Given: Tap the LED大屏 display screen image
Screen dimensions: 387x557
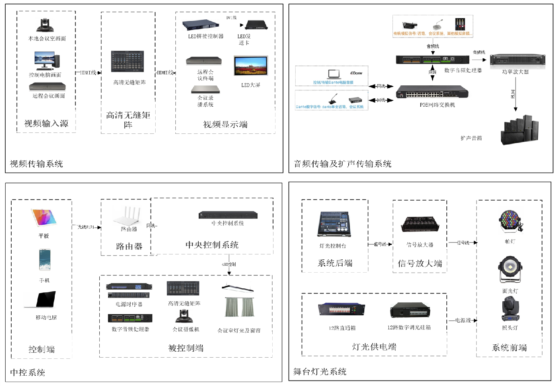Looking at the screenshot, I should coord(251,66).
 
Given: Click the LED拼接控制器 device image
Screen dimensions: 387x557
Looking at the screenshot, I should coord(201,25).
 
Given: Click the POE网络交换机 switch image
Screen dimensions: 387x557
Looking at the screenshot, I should coord(432,92).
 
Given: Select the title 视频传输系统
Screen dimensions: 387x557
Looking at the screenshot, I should coord(36,164).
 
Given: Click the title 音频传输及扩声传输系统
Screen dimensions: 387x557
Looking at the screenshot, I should coord(342,164).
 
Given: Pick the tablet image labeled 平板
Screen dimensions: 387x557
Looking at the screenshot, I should coord(44,218).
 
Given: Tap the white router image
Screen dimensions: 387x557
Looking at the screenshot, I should coord(129,216).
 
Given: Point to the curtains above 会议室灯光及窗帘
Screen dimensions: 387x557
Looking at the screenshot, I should coord(239,307).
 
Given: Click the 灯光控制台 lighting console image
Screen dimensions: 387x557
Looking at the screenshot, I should coord(333,224).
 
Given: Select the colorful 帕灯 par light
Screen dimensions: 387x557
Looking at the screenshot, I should coord(510,221).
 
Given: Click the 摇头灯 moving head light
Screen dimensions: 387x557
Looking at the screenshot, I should coord(510,309).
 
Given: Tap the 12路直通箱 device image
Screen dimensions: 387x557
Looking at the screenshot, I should coord(341,309).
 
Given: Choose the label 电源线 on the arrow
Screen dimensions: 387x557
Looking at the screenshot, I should coord(463,321).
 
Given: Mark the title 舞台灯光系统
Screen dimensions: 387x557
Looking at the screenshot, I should coord(320,372).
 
